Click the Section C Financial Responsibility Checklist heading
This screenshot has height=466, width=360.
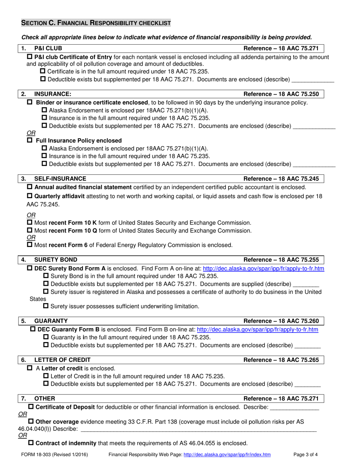point(95,23)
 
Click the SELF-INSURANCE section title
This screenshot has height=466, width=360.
point(60,178)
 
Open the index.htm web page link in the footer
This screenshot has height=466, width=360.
point(227,454)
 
